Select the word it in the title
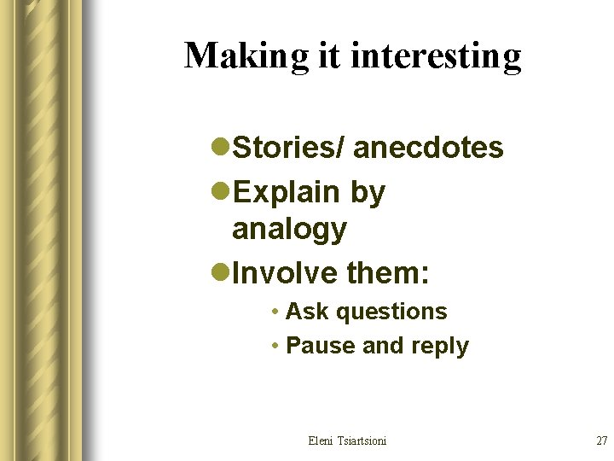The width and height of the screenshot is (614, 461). coord(328,56)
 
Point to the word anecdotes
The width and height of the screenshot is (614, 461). coord(428,148)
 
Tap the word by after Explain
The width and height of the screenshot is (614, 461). coord(368,193)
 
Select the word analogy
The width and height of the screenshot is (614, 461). coord(289,230)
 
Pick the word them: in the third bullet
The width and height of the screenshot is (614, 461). coord(388,273)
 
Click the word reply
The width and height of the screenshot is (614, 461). coord(438,347)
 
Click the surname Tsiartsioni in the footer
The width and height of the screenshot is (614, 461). coord(363,441)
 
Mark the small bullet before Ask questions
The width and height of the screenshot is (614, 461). coord(275,312)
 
